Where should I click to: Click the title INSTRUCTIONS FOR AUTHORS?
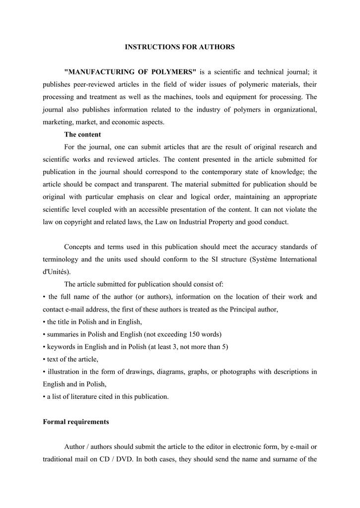[x=179, y=47]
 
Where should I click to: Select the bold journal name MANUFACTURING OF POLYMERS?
[x=131, y=72]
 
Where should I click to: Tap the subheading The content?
[x=82, y=134]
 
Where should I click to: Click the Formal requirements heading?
[x=76, y=422]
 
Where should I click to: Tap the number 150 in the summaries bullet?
[x=181, y=334]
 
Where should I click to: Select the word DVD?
[x=123, y=459]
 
